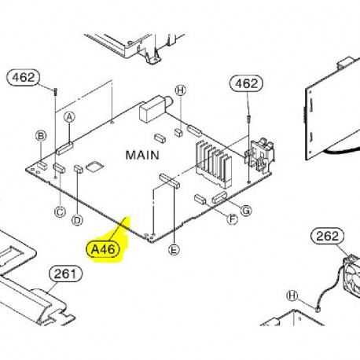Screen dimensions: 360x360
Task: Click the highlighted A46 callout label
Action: tap(103, 249)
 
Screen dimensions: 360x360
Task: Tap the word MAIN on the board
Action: tap(142, 155)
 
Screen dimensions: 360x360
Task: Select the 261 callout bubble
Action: tap(65, 274)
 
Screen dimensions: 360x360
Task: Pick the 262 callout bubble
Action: tap(327, 237)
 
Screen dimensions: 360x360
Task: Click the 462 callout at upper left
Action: tap(24, 77)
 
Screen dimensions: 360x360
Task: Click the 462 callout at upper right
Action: tap(247, 83)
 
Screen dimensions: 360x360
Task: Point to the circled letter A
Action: tap(69, 117)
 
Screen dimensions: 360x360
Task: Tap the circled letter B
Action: tap(41, 136)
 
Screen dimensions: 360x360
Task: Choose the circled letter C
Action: tap(60, 211)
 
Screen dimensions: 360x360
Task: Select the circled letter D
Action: tap(77, 220)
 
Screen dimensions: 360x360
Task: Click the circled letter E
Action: tap(174, 249)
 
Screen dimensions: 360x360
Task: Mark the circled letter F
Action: tap(232, 219)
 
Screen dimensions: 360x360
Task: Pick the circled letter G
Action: tap(246, 210)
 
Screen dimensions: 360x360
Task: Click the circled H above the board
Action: tap(180, 90)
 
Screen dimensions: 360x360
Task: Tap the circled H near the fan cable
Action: tap(292, 296)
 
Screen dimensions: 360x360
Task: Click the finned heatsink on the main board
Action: tap(214, 163)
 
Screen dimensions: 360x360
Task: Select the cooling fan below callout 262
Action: tap(352, 274)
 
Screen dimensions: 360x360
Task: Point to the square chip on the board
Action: tap(95, 167)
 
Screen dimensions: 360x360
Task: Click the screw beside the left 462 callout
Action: tap(55, 92)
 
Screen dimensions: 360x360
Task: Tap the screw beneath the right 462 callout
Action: tap(248, 119)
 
